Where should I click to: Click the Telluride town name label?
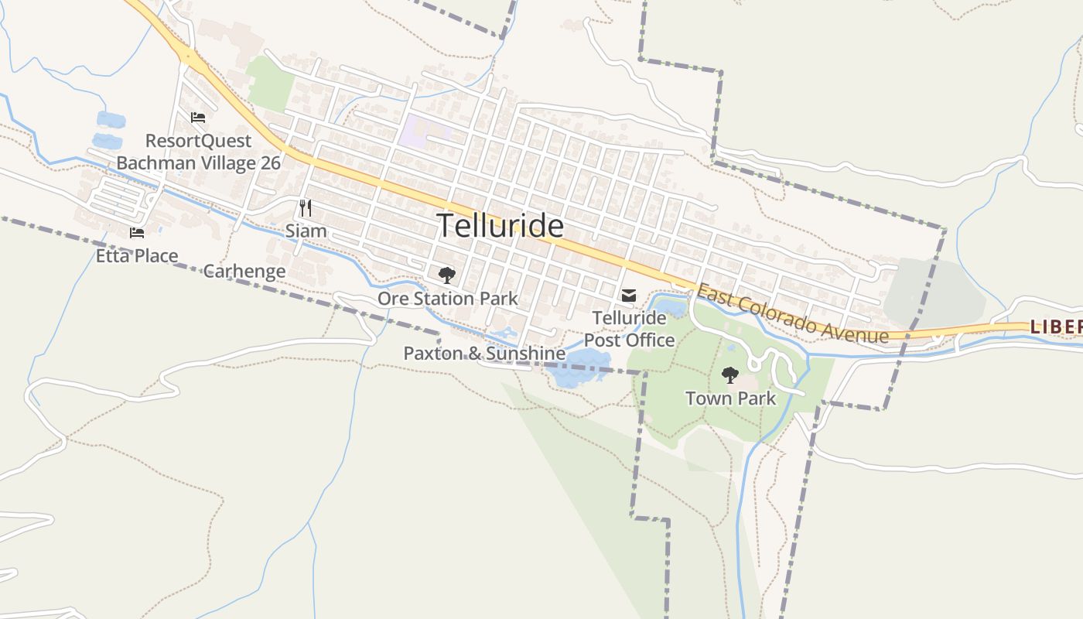(501, 226)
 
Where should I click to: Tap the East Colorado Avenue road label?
(792, 313)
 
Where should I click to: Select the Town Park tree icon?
(729, 375)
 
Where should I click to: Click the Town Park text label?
(730, 398)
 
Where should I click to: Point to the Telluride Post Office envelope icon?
(628, 296)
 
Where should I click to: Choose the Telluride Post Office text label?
(629, 329)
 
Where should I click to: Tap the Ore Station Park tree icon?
(446, 275)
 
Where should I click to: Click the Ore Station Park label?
(447, 299)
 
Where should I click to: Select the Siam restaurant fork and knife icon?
(306, 207)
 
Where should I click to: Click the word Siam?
(306, 231)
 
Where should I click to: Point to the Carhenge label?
(244, 272)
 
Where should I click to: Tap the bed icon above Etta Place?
(137, 233)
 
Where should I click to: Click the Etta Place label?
(137, 256)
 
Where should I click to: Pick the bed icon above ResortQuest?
(198, 118)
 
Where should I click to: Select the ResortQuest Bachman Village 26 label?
(199, 152)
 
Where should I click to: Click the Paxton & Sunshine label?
(484, 354)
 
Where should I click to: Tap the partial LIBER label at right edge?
(1055, 327)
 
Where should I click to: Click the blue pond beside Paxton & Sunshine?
(580, 367)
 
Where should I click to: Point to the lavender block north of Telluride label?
(422, 131)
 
